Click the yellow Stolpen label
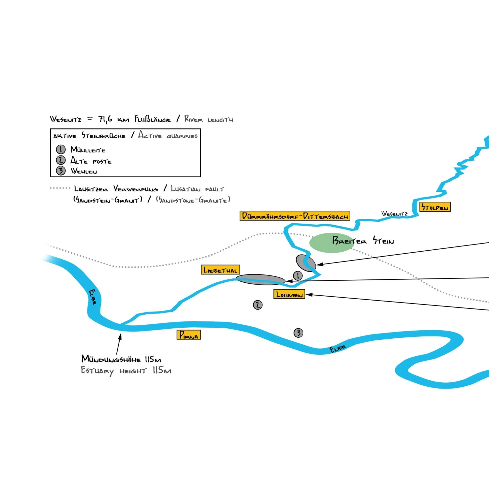pos(435,207)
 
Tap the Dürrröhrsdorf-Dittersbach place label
pos(295,216)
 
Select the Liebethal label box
pos(220,270)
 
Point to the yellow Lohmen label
pos(289,294)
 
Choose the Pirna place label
pos(189,335)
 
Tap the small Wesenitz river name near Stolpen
pos(394,214)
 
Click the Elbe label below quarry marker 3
pos(337,348)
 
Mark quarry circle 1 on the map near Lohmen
pos(298,275)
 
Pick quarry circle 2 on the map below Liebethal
pos(258,305)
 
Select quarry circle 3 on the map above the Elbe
pos(298,333)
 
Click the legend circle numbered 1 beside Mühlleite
pos(61,149)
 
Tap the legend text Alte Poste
pos(91,161)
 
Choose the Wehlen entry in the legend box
pos(84,171)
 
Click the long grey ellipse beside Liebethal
pos(260,279)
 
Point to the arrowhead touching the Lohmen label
pos(308,295)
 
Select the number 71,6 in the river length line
pos(105,119)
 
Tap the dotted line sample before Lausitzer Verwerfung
pos(60,188)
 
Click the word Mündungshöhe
pos(111,359)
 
